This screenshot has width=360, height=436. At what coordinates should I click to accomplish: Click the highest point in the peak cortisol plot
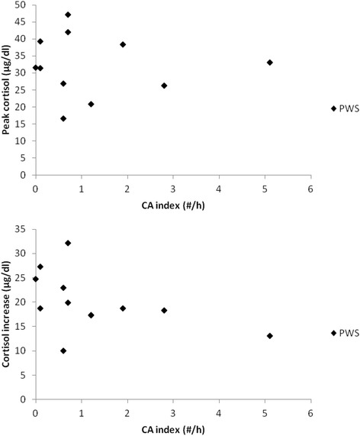coord(68,15)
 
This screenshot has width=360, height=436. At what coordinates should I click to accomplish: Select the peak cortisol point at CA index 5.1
coord(269,63)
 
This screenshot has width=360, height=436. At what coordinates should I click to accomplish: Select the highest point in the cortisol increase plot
coord(68,243)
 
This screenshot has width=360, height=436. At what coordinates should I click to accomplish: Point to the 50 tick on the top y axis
coord(24,5)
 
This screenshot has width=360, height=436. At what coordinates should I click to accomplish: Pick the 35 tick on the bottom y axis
coord(24,229)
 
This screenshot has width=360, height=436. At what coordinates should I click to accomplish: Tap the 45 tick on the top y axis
coord(24,22)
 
